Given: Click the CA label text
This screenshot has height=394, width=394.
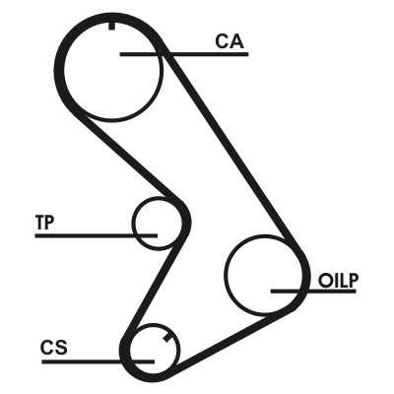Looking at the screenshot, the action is [230, 41].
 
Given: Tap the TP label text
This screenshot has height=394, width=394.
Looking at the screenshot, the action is [45, 223].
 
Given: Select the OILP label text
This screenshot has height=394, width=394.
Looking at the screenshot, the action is [339, 281].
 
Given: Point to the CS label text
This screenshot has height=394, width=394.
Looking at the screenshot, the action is [54, 348].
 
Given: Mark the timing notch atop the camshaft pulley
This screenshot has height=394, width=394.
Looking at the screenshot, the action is [111, 26].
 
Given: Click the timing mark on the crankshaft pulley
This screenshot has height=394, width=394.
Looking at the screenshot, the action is [168, 338].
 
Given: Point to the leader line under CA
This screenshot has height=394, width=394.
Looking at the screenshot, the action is [184, 54].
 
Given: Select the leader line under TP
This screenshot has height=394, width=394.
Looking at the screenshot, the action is [97, 235].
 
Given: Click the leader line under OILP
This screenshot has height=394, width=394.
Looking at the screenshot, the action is [313, 291].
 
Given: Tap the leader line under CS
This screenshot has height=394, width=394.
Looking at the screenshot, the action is [98, 361].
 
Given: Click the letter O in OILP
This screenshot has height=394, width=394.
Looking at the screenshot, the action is [325, 282].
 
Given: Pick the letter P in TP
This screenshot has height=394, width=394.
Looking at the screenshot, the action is [49, 223].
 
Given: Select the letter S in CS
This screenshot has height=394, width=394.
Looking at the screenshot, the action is [61, 348].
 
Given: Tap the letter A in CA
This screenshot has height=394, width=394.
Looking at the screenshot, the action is [237, 41].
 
